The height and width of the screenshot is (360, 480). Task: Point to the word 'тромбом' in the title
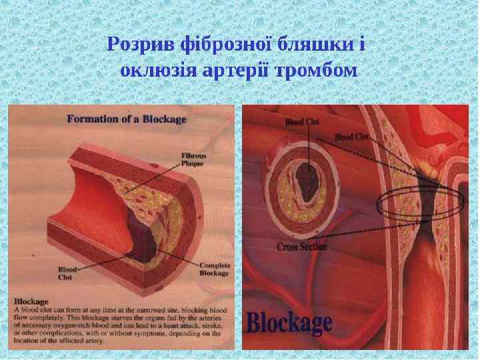(319, 69)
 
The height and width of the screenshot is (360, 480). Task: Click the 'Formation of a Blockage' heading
(126, 120)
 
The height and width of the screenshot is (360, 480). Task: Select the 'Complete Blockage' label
(214, 269)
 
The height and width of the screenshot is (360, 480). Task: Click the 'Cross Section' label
(302, 247)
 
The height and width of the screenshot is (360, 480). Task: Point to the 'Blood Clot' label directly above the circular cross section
(303, 123)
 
